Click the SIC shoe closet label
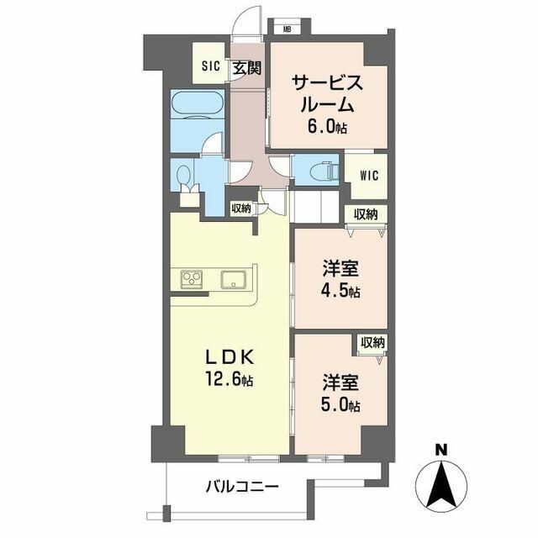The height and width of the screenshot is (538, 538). click(211, 66)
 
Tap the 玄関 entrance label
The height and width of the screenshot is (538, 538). click(247, 68)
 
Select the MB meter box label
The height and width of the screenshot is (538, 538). click(287, 29)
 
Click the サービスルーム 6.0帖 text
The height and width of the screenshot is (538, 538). click(327, 104)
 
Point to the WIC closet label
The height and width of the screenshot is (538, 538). click(369, 176)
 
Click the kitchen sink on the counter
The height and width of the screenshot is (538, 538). click(234, 280)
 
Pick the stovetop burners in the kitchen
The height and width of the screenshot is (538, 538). click(192, 280)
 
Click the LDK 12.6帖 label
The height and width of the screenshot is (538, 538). click(229, 368)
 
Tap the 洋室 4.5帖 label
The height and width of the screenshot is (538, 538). click(340, 279)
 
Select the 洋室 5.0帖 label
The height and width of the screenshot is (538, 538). click(340, 393)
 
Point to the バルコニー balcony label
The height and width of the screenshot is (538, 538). click(242, 487)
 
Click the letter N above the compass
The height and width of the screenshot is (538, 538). click(441, 450)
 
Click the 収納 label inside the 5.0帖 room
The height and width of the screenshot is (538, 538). click(372, 342)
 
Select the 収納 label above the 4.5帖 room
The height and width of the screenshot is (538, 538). click(366, 214)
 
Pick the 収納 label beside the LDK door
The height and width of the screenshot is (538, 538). click(241, 208)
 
